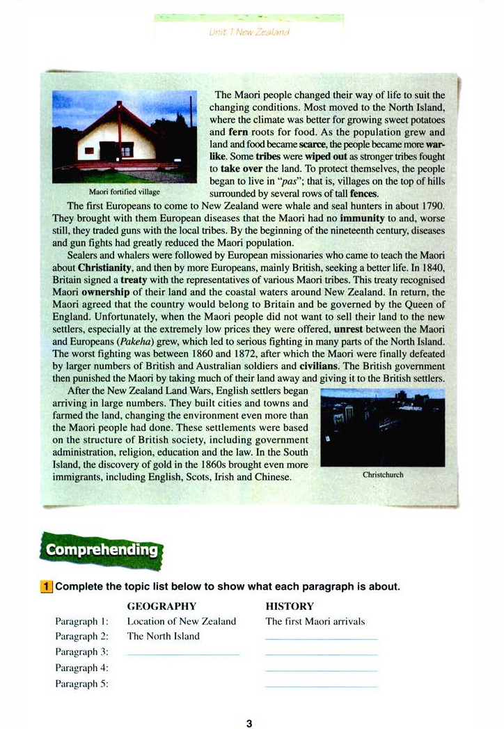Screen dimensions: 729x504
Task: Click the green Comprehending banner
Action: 102,549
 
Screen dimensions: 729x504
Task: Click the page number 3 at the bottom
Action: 250,723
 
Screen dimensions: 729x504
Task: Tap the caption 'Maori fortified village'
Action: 125,191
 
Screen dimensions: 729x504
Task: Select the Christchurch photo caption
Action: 383,475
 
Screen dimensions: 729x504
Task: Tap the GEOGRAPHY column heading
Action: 162,606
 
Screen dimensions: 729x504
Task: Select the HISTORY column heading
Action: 290,606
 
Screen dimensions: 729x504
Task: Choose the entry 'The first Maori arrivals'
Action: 315,622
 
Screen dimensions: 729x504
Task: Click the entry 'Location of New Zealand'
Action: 182,622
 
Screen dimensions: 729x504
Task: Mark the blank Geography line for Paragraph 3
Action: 183,654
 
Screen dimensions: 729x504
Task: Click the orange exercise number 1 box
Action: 47,586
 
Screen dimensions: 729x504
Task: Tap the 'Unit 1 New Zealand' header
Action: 249,32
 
